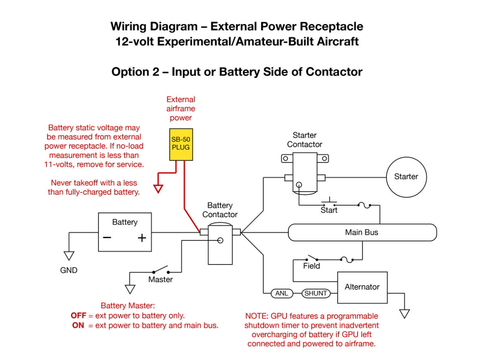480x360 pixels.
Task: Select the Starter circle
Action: [x=406, y=177]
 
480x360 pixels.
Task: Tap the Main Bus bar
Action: [x=362, y=232]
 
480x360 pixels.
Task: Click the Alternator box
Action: [x=362, y=287]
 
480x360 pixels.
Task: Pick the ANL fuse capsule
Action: [x=282, y=293]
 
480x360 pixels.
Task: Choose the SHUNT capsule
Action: [x=316, y=293]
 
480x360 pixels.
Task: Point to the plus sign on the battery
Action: [x=142, y=238]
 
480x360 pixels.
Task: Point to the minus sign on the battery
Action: [x=107, y=238]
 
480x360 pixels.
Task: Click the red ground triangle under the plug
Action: [x=158, y=189]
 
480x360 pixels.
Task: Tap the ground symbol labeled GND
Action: [x=69, y=256]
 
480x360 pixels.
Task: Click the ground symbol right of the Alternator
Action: [x=404, y=314]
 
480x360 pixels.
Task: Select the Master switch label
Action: [x=160, y=279]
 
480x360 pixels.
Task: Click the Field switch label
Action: [x=312, y=266]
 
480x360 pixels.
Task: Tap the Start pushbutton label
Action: [x=329, y=210]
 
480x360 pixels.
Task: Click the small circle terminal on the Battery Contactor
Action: [x=220, y=240]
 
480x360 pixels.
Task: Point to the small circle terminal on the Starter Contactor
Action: [x=299, y=185]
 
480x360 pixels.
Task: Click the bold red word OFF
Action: [x=79, y=315]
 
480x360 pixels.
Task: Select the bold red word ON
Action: [x=78, y=325]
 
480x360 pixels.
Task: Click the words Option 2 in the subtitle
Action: [x=135, y=72]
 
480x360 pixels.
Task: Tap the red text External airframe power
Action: [x=181, y=109]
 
